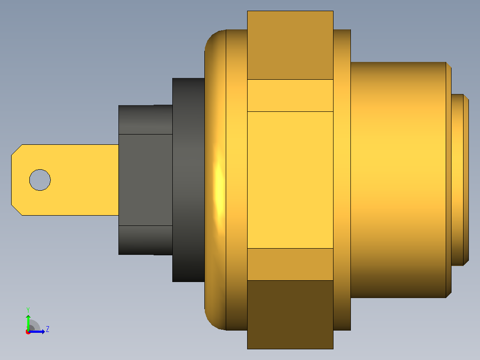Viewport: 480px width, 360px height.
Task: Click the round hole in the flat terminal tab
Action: [40, 180]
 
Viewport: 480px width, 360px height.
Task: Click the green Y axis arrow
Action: [28, 322]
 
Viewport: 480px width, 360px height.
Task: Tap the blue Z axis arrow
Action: [37, 331]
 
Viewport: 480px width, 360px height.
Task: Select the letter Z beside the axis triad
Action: [48, 329]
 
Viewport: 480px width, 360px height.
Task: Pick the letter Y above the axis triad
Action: [28, 310]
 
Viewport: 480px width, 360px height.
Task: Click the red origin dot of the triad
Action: [28, 332]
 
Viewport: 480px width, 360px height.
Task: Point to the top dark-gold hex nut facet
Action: [290, 45]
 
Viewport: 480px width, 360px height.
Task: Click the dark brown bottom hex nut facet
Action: [290, 315]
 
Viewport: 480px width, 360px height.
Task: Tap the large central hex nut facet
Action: [290, 180]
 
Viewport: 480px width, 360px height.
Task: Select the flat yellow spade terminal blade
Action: [65, 180]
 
